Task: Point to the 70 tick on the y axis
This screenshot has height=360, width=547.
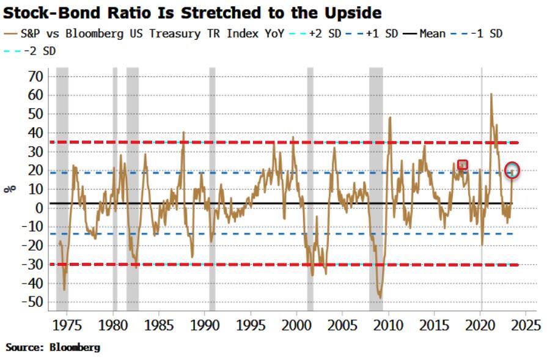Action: (x=36, y=76)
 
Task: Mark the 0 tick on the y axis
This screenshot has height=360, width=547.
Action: (x=39, y=208)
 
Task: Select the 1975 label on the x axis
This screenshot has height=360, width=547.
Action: (x=67, y=323)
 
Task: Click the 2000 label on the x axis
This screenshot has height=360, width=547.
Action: (x=296, y=323)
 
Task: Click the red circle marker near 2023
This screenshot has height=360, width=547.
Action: (x=512, y=171)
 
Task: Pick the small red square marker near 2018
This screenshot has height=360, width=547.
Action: (x=463, y=164)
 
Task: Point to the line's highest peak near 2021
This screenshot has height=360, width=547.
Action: (x=491, y=94)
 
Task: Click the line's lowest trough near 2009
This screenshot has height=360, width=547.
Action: (x=380, y=297)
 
